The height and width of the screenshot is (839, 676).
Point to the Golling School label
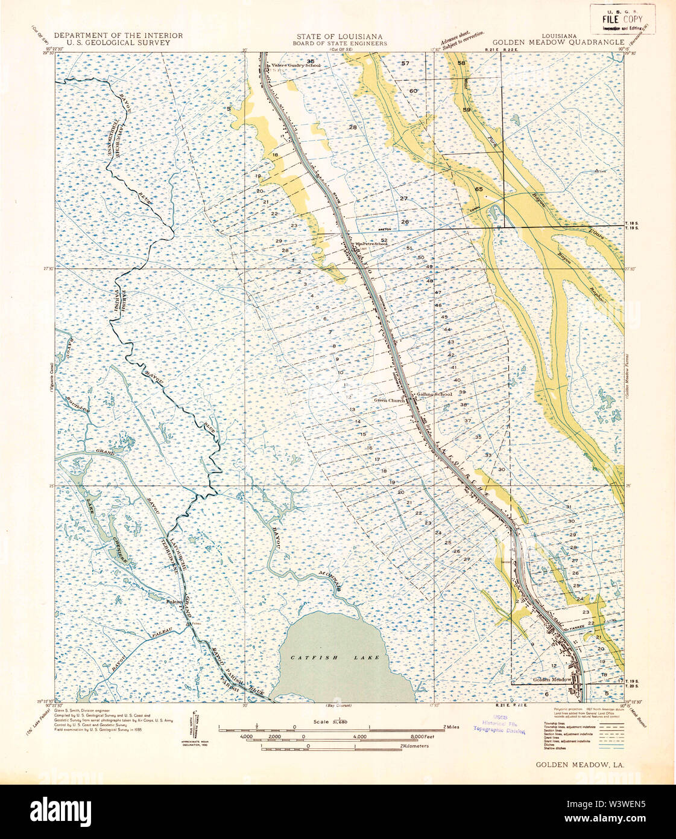tap(434, 394)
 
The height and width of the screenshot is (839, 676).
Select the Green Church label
tap(389, 400)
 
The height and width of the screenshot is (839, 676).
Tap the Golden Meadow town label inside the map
tap(552, 680)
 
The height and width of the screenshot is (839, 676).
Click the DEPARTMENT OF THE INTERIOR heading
tap(118, 36)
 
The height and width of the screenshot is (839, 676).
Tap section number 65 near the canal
tap(479, 190)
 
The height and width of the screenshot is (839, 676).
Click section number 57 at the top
tap(405, 63)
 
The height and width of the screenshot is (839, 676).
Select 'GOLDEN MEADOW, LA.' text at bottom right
tap(580, 764)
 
